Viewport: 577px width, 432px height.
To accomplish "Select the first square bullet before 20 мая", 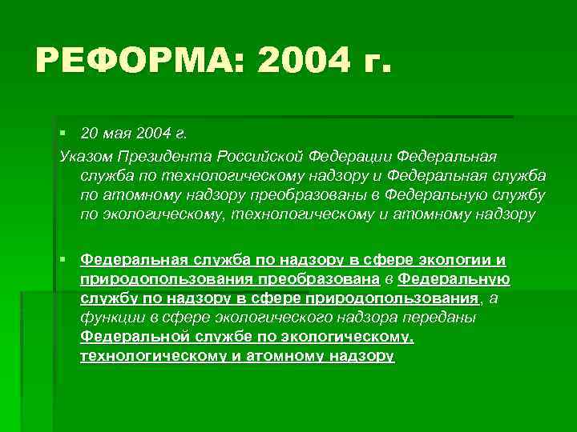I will (63, 130).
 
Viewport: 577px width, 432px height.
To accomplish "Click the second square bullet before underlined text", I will (63, 260).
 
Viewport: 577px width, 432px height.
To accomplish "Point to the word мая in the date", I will (119, 131).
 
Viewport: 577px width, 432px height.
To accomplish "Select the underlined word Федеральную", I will (454, 279).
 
